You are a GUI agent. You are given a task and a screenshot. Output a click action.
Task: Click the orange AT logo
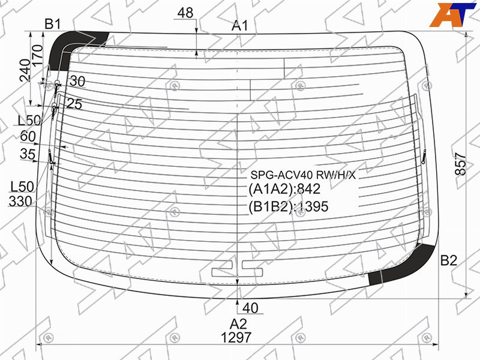pyautogui.click(x=452, y=14)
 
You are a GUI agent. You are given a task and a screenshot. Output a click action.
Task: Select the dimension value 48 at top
pyautogui.click(x=185, y=13)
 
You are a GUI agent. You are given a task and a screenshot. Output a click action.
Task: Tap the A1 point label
pyautogui.click(x=239, y=25)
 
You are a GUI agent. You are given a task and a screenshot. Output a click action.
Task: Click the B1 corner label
pyautogui.click(x=53, y=23)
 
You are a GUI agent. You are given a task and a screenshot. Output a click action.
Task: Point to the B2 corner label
pyautogui.click(x=448, y=260)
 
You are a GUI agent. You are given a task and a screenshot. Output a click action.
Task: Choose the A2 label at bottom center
pyautogui.click(x=238, y=324)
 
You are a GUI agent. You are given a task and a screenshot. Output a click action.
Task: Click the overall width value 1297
pyautogui.click(x=236, y=338)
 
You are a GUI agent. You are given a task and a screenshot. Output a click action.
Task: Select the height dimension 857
pyautogui.click(x=460, y=164)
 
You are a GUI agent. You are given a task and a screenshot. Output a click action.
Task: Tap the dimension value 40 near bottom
pyautogui.click(x=250, y=308)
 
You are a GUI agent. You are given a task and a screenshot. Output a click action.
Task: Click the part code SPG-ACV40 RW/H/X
pyautogui.click(x=303, y=175)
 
